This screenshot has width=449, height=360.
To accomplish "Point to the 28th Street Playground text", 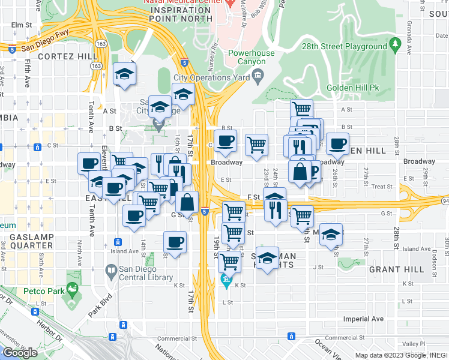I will [344, 46].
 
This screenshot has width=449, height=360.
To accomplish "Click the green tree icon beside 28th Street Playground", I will [395, 44].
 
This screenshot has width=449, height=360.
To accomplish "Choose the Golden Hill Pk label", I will [354, 88].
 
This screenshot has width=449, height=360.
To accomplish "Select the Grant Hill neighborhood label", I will [393, 270].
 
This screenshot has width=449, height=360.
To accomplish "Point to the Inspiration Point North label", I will [181, 15].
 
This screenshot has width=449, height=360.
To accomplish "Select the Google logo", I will [20, 353].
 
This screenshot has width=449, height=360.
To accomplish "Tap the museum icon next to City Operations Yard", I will [258, 75].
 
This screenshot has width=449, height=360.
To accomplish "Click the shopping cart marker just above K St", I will [229, 261].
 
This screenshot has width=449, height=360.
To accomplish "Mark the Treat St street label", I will [382, 187].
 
